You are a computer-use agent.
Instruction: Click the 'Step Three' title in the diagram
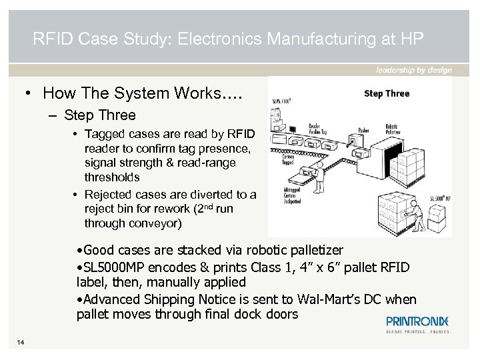(x=386, y=93)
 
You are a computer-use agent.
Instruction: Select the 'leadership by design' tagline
(x=413, y=70)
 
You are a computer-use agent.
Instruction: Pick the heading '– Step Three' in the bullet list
(x=93, y=115)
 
